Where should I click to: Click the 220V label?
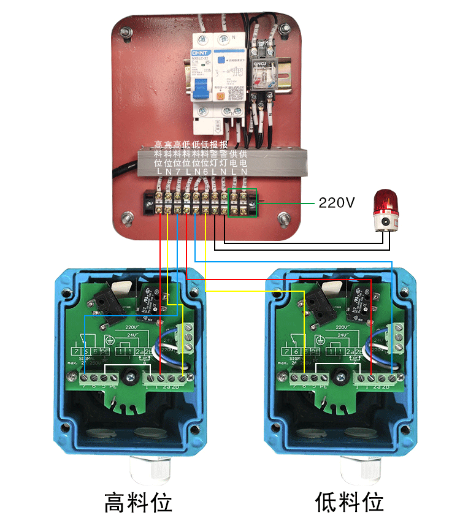pyautogui.click(x=337, y=202)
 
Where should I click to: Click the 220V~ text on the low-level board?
pyautogui.click(x=345, y=329)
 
